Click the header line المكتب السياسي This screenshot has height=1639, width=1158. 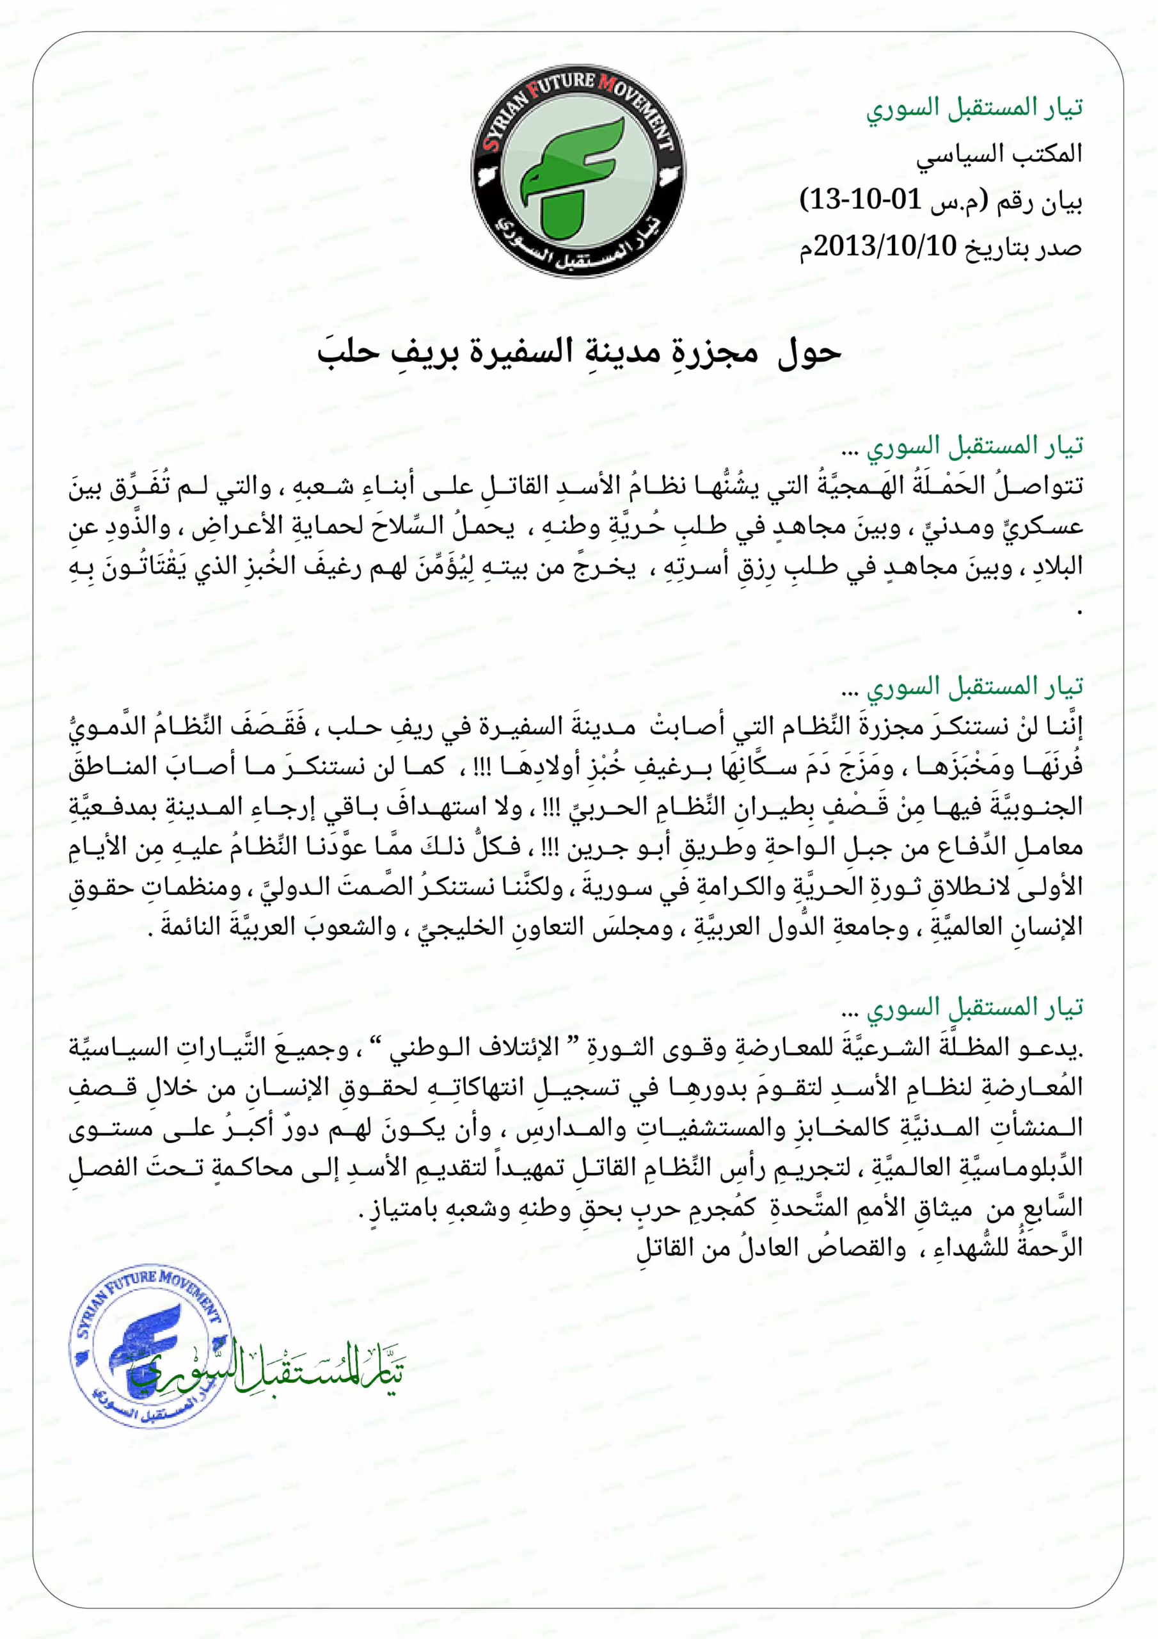pos(999,154)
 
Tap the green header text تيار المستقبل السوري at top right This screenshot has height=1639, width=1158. pos(974,108)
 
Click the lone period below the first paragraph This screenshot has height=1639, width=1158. pos(1079,611)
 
